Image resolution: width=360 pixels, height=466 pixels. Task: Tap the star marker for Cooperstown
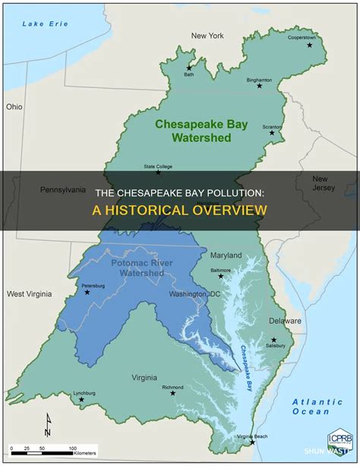(310, 46)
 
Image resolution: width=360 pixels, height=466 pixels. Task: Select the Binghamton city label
(260, 79)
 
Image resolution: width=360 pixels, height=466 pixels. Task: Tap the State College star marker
(158, 173)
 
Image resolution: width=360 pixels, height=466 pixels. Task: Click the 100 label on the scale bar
(73, 448)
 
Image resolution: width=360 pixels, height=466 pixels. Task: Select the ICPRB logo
(339, 441)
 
